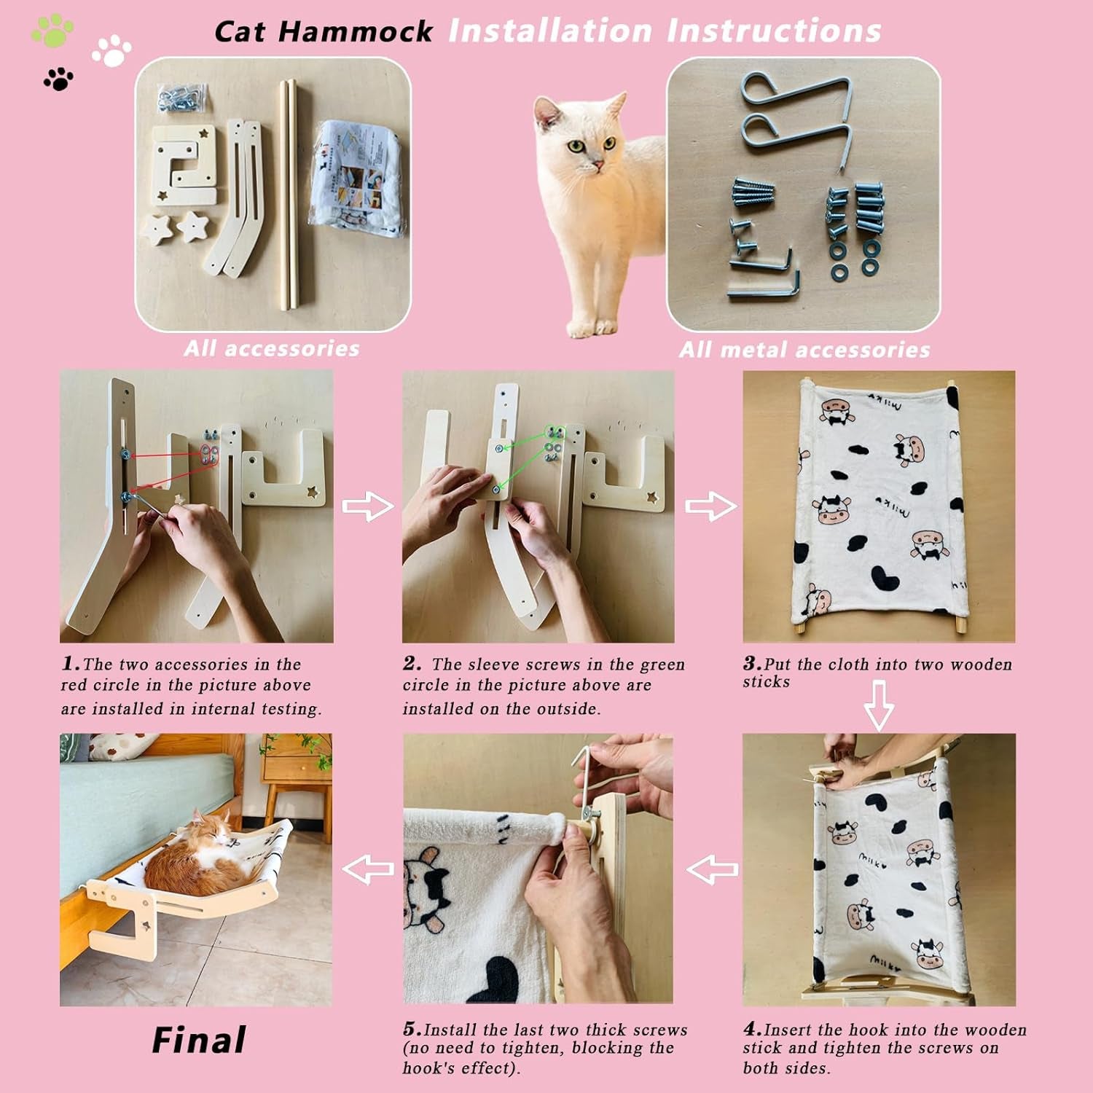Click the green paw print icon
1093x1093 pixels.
click(53, 31)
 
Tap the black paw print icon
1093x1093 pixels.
click(58, 78)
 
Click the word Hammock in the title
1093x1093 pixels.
click(356, 31)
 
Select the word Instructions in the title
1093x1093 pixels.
click(774, 31)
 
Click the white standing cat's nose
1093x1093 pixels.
click(596, 166)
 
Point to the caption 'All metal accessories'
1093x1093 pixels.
click(804, 350)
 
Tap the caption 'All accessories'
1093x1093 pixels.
click(272, 348)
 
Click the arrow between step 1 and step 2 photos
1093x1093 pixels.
click(368, 506)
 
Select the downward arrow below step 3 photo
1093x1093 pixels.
click(879, 705)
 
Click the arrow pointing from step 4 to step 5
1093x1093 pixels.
click(713, 869)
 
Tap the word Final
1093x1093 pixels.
click(198, 1040)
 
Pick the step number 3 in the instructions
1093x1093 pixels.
click(752, 663)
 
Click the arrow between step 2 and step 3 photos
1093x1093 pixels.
click(711, 506)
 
